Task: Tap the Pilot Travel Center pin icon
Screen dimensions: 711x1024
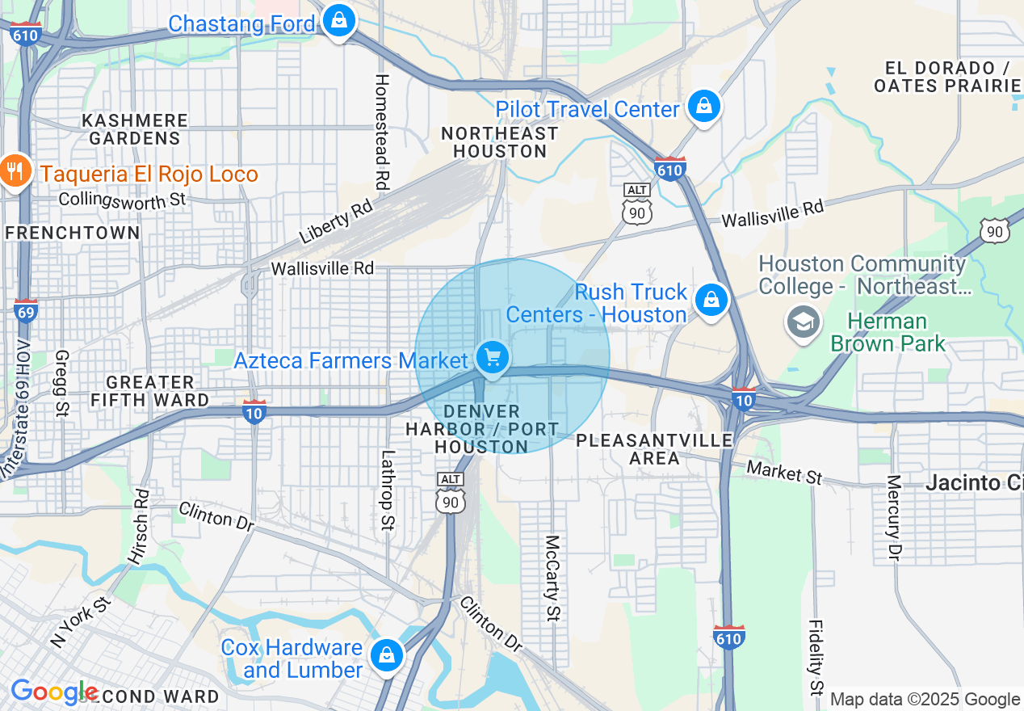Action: coord(704,106)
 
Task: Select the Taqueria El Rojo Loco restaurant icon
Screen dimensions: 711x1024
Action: coord(14,171)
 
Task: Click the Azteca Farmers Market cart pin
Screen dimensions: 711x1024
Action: coord(492,357)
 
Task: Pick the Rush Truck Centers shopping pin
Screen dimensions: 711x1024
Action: coord(711,301)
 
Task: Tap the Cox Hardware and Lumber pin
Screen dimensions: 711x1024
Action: coord(387,655)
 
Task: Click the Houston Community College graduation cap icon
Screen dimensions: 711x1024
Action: coord(804,322)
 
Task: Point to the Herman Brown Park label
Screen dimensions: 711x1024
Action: coord(888,333)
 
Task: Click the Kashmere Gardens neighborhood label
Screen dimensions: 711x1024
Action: coord(135,129)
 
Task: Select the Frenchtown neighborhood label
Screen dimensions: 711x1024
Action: coord(72,233)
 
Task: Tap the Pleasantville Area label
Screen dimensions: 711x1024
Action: coord(654,449)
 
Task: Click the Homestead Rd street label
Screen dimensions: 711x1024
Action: coord(382,133)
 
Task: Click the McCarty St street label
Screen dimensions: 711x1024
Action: coord(552,578)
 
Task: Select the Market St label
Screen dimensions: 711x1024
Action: coord(784,472)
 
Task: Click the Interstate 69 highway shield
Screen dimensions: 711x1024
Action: coord(26,309)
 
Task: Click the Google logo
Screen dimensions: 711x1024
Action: coord(53,692)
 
